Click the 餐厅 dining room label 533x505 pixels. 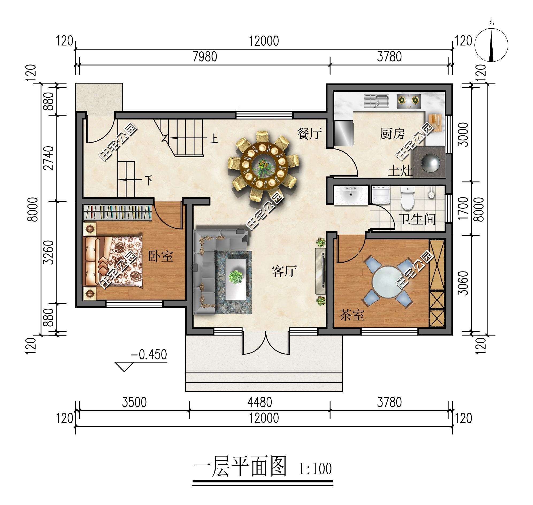309,134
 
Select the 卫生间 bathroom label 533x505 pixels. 417,219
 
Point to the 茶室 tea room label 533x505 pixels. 352,315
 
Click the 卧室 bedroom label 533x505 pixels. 160,256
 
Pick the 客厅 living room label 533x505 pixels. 284,271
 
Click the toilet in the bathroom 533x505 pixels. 408,199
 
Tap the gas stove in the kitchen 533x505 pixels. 408,101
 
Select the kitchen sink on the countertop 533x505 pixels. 376,101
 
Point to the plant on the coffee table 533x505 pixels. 236,277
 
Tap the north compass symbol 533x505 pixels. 491,45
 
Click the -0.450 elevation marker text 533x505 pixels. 149,355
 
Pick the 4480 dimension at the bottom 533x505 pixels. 260,403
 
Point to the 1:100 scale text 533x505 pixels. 315,469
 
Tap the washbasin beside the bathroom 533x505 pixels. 351,194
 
